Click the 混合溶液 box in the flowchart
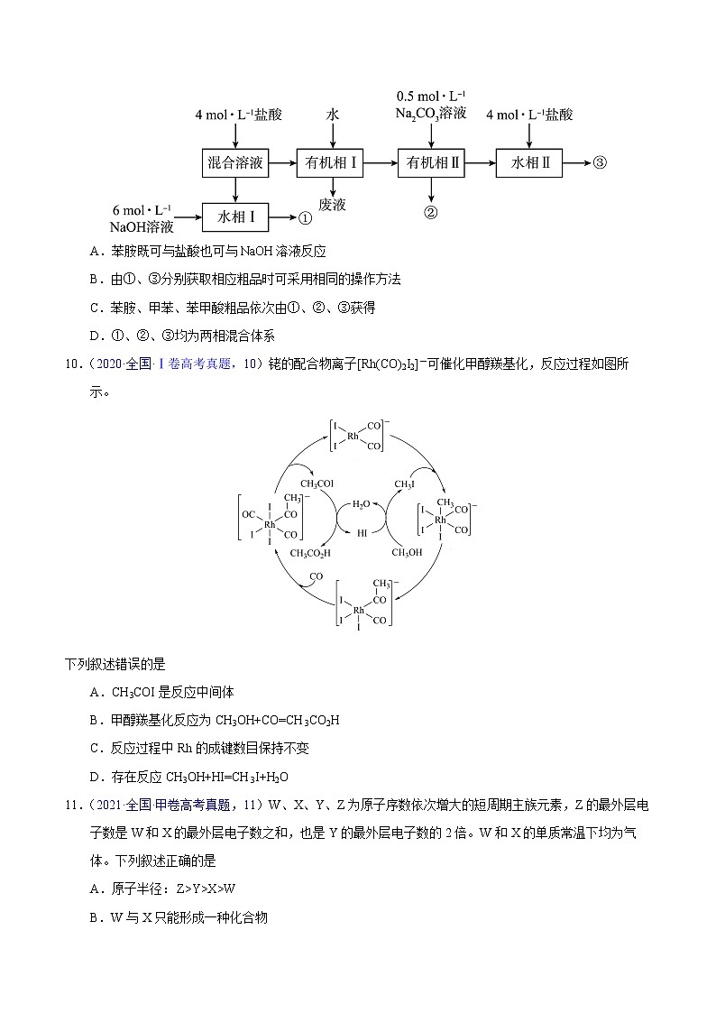pos(235,163)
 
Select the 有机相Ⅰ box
pos(333,163)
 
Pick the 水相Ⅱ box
pos(530,163)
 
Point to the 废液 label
pos(333,204)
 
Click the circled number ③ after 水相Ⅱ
pos(600,163)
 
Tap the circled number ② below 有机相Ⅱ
pos(431,213)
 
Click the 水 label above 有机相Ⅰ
pos(333,115)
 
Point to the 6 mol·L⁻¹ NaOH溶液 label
pos(142,217)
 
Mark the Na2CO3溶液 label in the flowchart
pos(431,114)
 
